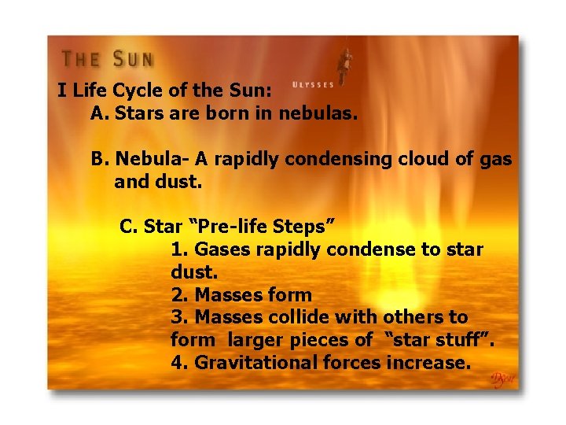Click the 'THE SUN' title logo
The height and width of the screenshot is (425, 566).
pyautogui.click(x=108, y=59)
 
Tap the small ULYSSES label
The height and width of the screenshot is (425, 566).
pyautogui.click(x=313, y=84)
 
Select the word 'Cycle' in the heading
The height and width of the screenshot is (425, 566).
pyautogui.click(x=143, y=90)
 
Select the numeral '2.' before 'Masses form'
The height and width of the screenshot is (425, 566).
pyautogui.click(x=179, y=295)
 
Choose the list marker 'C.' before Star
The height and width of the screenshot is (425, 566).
pyautogui.click(x=129, y=227)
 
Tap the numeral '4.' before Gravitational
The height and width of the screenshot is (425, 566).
pyautogui.click(x=179, y=363)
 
